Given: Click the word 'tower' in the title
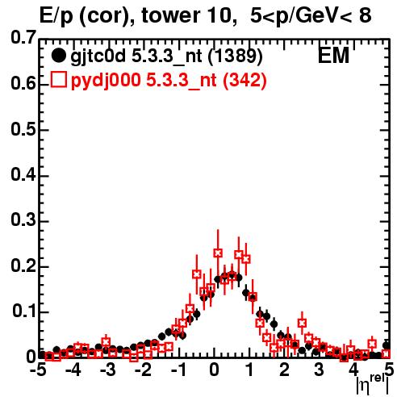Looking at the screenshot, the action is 169,15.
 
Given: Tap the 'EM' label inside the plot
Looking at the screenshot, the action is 333,56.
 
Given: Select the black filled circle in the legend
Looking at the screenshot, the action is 58,56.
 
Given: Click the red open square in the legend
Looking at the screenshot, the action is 58,79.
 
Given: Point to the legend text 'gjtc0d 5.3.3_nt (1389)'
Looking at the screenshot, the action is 166,56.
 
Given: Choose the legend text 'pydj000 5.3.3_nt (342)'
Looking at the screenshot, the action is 169,81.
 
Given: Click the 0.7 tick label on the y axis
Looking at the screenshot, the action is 23,37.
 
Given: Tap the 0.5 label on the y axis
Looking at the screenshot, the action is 23,129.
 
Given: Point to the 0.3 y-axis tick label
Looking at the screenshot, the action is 23,220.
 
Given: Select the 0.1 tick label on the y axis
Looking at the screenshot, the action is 24,311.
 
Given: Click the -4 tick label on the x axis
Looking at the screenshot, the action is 73,370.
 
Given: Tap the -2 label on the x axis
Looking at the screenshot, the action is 144,370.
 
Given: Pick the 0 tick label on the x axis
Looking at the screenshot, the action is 214,370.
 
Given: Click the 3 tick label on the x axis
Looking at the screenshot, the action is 319,370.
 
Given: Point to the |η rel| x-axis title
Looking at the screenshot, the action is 372,385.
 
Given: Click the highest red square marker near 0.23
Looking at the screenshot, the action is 218,253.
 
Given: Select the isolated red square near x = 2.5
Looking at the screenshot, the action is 302,323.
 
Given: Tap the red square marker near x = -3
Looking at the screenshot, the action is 106,342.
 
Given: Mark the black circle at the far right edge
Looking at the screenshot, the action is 387,345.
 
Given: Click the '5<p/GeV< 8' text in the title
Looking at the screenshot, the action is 311,16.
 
